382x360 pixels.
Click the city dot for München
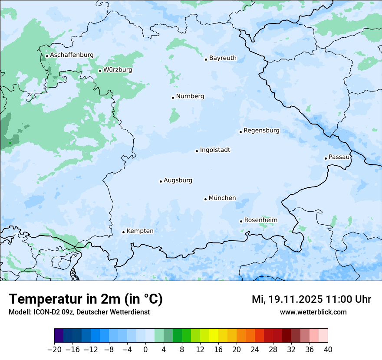pos(206,199)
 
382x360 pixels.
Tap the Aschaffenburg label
pos(72,55)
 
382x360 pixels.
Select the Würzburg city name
pos(118,70)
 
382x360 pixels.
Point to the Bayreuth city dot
pos(206,59)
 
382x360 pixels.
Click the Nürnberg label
pos(190,96)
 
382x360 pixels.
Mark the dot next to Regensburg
pos(240,132)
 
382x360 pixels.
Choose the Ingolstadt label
pos(215,150)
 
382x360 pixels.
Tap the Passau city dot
pos(326,158)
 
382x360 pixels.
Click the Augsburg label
pos(178,180)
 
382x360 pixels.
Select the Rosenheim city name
pos(260,220)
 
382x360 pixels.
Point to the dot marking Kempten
pos(123,232)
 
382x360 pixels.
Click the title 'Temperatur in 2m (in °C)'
pos(86,299)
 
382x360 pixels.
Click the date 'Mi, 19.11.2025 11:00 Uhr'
pos(311,299)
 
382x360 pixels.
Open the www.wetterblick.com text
pos(313,312)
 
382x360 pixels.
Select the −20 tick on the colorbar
pos(54,350)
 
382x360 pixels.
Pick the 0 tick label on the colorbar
pos(145,350)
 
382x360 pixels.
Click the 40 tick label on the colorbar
pos(328,350)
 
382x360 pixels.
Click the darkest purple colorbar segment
pos(59,336)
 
